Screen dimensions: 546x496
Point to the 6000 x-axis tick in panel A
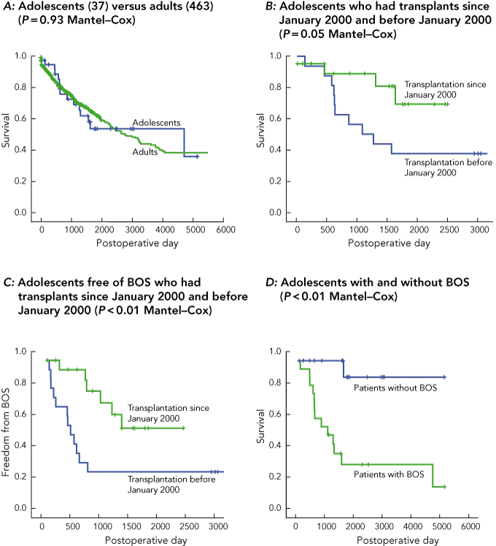(224, 228)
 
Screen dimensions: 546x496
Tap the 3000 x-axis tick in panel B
(478, 228)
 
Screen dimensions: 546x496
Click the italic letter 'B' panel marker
(267, 8)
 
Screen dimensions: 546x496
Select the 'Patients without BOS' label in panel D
(400, 388)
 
